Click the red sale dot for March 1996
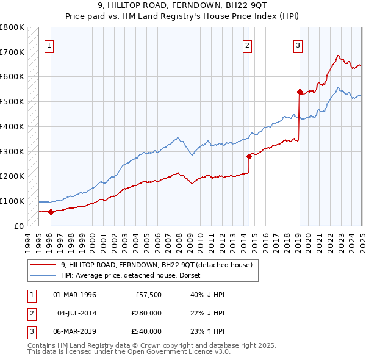tap(51, 212)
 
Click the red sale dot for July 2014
tap(249, 156)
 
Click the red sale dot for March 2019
tap(300, 92)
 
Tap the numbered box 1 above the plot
tap(48, 44)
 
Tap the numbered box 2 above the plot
tap(248, 44)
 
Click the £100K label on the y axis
tap(12, 201)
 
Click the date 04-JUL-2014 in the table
tap(77, 313)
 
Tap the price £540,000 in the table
tap(147, 331)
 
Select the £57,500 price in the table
tap(148, 295)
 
